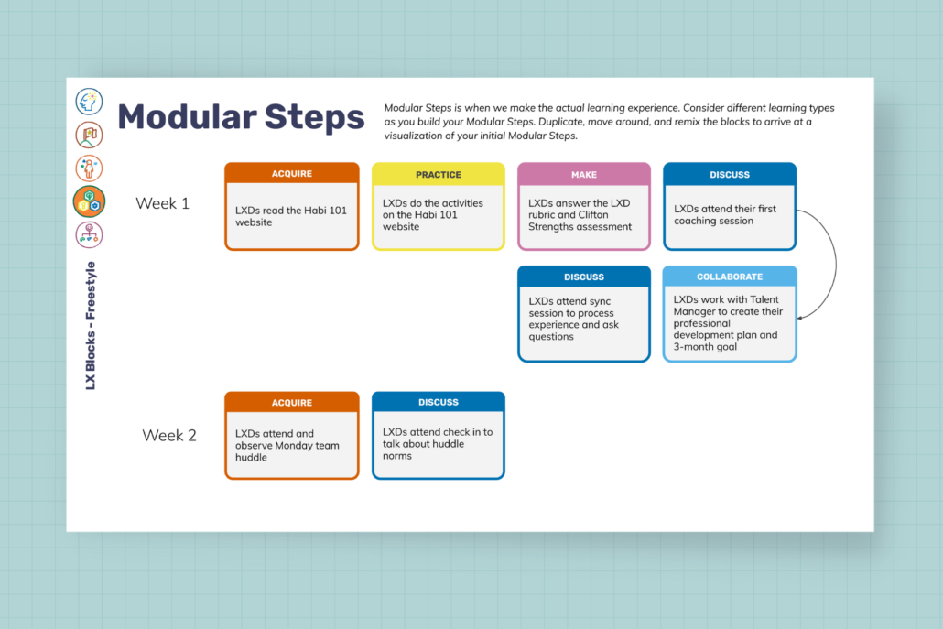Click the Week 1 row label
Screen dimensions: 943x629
point(162,203)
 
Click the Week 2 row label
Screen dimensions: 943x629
point(169,436)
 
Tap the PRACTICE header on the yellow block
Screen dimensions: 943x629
point(439,174)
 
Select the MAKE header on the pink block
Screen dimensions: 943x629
point(584,174)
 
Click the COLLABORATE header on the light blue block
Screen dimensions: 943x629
point(730,277)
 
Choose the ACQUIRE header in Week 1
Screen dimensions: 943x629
point(292,174)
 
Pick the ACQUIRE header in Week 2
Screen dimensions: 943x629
point(292,403)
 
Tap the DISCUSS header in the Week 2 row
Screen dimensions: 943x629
point(439,402)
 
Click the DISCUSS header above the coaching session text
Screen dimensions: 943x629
point(730,174)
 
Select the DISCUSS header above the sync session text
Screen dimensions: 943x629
point(584,277)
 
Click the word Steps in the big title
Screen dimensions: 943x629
point(314,116)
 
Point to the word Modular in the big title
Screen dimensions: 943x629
point(187,116)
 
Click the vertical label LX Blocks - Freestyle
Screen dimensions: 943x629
point(91,325)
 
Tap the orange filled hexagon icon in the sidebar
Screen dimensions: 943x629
point(89,201)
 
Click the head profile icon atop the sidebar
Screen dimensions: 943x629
point(89,101)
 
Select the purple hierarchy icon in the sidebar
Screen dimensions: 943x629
point(89,234)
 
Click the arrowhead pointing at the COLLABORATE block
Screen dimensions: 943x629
point(800,318)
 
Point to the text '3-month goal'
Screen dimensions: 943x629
point(705,347)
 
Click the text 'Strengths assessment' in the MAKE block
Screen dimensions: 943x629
point(580,227)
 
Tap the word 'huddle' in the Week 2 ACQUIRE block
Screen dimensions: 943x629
point(252,457)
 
